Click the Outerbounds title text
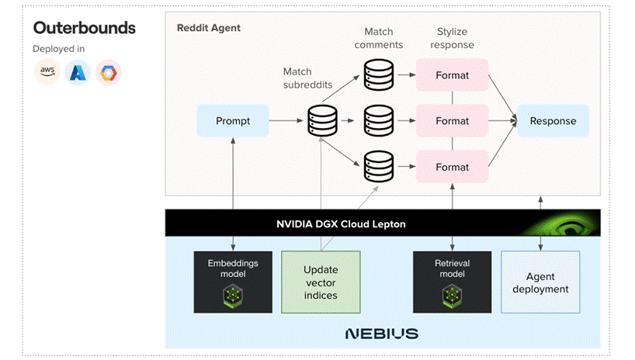click(x=84, y=28)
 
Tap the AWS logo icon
click(x=49, y=73)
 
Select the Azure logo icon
click(x=78, y=73)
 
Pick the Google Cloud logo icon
click(x=108, y=73)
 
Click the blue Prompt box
click(x=232, y=121)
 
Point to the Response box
click(x=553, y=121)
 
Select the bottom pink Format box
click(x=452, y=167)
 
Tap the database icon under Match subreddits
click(x=323, y=121)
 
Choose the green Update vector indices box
click(x=321, y=282)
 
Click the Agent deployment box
click(x=540, y=282)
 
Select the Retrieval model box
click(x=452, y=281)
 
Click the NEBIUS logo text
click(x=382, y=334)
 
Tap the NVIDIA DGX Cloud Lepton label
click(x=341, y=224)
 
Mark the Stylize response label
click(x=452, y=38)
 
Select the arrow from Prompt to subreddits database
click(x=287, y=121)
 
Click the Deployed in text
click(x=58, y=49)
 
